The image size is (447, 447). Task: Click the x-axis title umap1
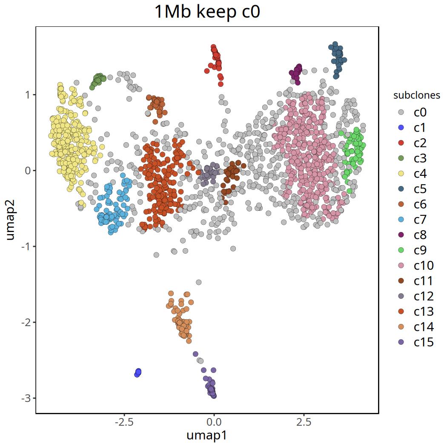click(207, 436)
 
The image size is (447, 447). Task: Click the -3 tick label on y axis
click(26, 398)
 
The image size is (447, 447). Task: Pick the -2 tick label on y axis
click(26, 322)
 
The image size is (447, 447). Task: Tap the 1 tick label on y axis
click(29, 95)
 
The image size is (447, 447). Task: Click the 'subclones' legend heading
click(416, 96)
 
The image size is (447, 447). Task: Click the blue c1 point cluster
click(138, 372)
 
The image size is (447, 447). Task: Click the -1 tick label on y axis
click(26, 246)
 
